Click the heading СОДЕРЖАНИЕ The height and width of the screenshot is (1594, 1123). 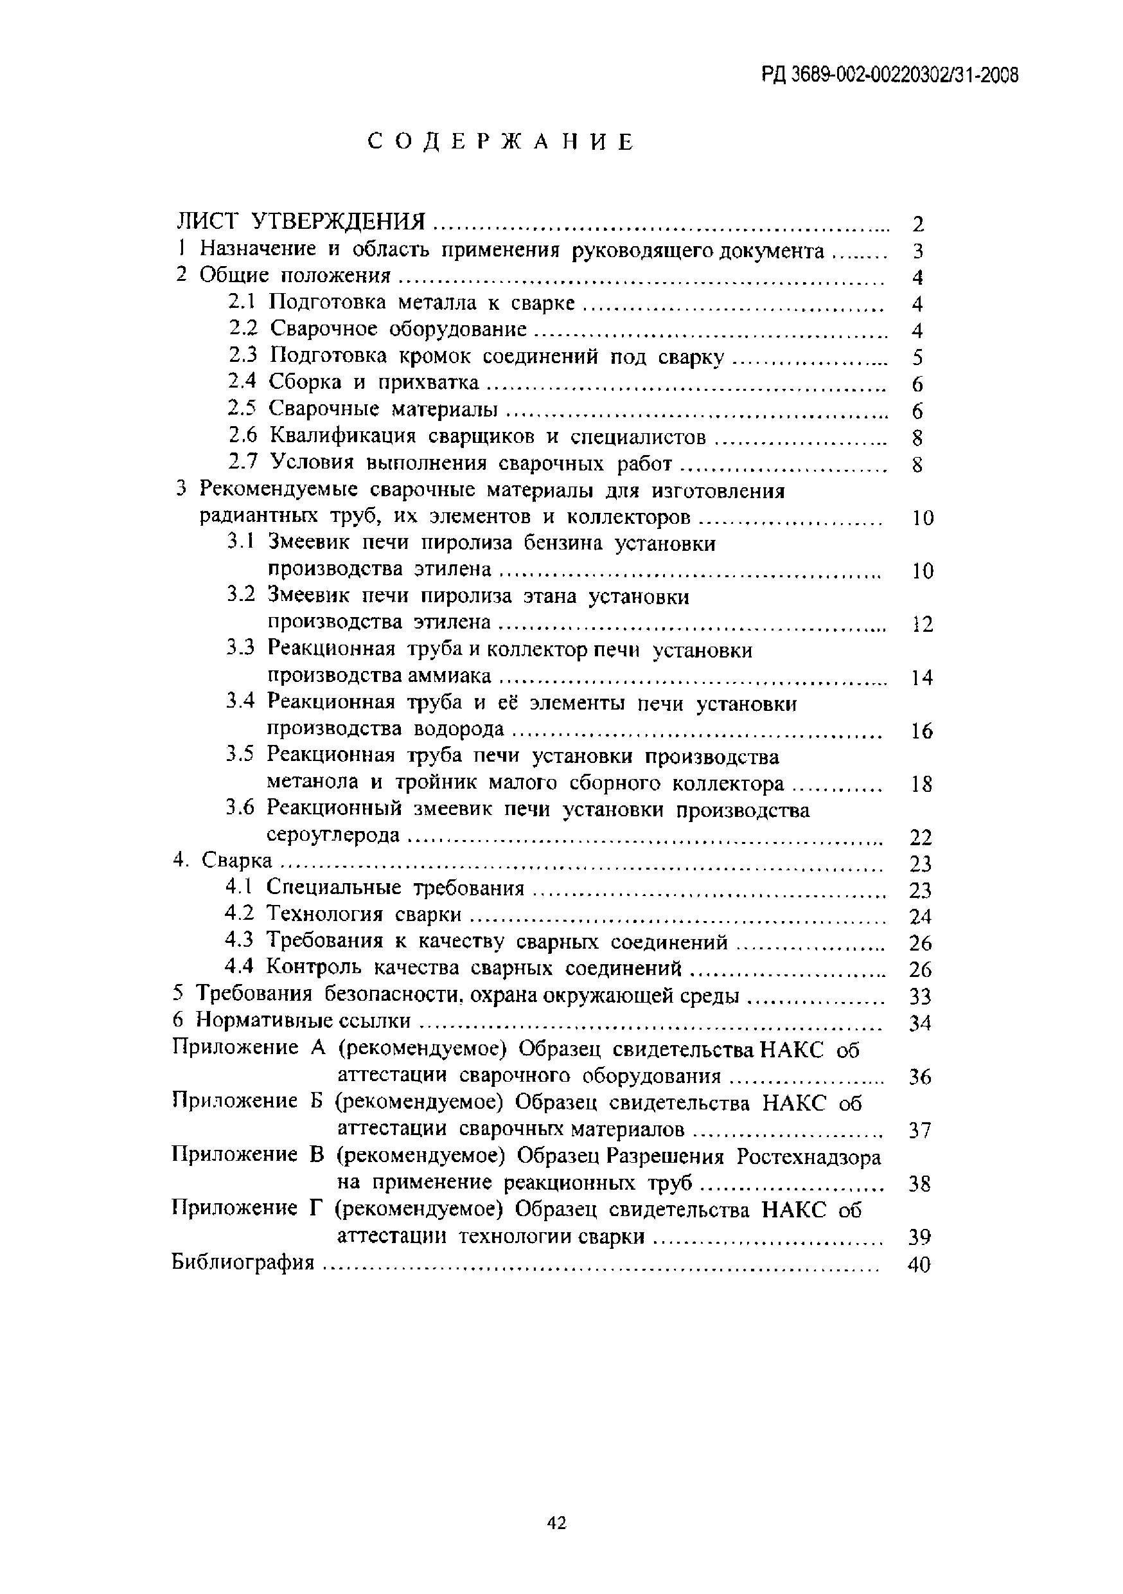[x=500, y=142]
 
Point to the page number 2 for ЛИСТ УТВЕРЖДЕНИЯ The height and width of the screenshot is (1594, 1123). [x=918, y=224]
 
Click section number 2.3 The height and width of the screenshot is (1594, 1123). [x=243, y=355]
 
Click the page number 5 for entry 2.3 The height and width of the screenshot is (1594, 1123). [x=918, y=357]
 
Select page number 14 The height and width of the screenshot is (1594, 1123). [x=921, y=677]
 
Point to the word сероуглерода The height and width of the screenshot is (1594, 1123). [x=334, y=835]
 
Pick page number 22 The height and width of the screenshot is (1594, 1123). [x=921, y=838]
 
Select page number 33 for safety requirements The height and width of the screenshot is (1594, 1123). [x=919, y=997]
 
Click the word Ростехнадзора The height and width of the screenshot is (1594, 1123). [x=809, y=1158]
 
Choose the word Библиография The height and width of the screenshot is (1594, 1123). [x=243, y=1262]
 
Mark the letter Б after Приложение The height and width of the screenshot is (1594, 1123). [x=314, y=1102]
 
